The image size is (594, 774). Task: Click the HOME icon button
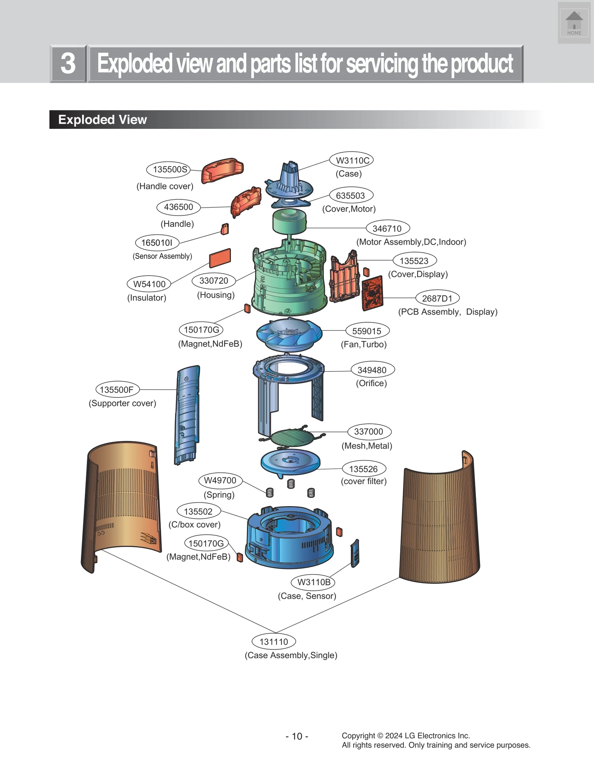click(x=574, y=23)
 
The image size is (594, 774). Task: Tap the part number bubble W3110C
click(x=352, y=160)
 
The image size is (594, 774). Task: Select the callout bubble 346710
click(x=388, y=228)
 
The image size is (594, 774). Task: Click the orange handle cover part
click(x=222, y=170)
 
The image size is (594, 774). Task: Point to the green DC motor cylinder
click(x=290, y=221)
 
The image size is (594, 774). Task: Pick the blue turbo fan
click(x=289, y=334)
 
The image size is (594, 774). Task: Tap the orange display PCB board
click(x=372, y=293)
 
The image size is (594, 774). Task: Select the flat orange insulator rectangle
click(x=220, y=258)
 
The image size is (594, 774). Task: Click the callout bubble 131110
click(x=274, y=641)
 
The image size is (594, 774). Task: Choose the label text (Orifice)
click(x=371, y=383)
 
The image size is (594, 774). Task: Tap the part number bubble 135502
click(x=198, y=511)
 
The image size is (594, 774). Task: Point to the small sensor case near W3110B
click(x=355, y=553)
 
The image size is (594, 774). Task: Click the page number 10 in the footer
click(x=297, y=736)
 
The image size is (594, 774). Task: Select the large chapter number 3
click(x=68, y=64)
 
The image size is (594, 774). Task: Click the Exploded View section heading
click(x=103, y=120)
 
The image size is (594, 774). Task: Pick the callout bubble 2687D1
click(x=437, y=298)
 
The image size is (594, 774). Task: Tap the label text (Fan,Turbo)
click(x=364, y=344)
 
